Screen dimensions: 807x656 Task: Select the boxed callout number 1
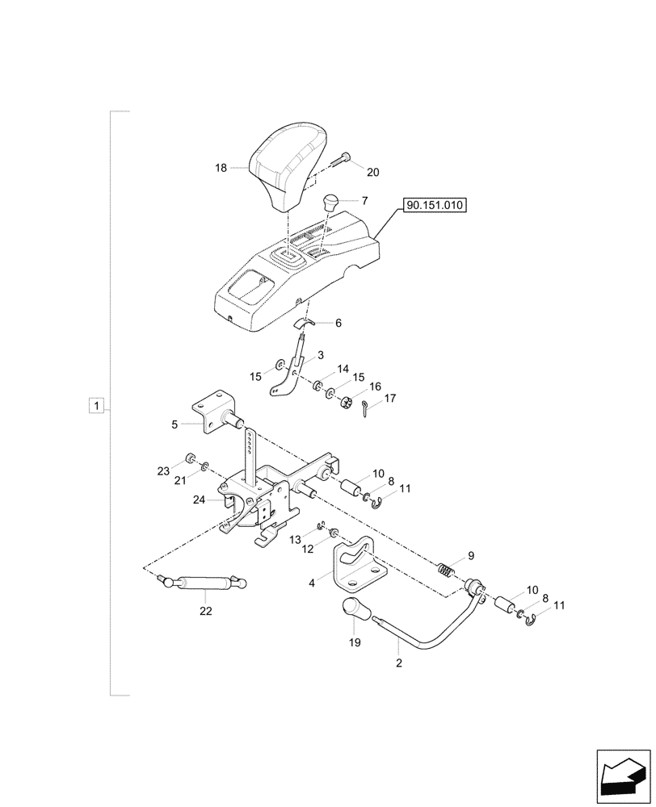click(x=96, y=405)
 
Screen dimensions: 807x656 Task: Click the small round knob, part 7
click(x=330, y=202)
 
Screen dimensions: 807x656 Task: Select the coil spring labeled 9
click(x=447, y=570)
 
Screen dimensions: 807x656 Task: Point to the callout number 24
click(x=200, y=500)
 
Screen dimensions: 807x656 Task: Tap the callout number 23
click(x=164, y=471)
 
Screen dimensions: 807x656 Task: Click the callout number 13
click(x=295, y=537)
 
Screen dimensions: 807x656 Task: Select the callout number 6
click(x=338, y=322)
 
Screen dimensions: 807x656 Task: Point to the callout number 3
click(x=320, y=355)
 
